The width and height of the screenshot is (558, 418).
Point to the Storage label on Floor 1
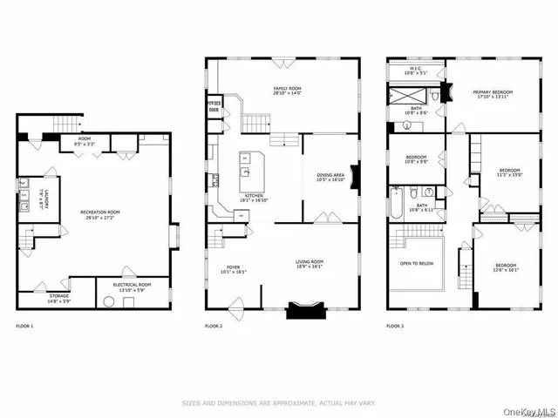coord(58,297)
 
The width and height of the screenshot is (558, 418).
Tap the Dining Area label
coord(330,178)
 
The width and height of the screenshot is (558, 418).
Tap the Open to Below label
coord(418,264)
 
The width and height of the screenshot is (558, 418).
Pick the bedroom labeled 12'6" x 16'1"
coord(506,267)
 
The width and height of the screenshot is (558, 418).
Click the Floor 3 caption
coord(396,326)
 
